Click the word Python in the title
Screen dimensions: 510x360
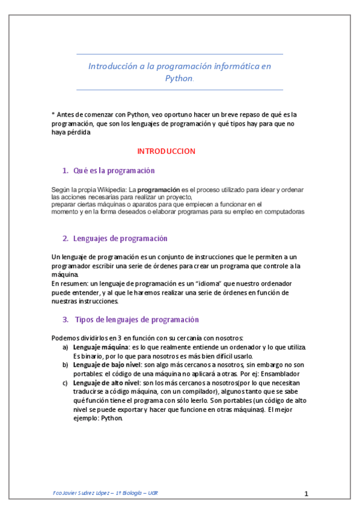pos(178,78)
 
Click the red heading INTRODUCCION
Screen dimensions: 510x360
pos(166,151)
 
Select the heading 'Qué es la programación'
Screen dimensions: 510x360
pos(114,171)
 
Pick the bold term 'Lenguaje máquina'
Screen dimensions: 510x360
pos(99,348)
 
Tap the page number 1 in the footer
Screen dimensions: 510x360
pos(306,494)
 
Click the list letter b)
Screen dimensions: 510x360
pos(66,364)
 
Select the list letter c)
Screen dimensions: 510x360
pos(66,382)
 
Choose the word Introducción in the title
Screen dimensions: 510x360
pos(113,66)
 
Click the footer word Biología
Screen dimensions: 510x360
pos(129,493)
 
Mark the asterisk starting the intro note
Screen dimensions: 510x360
pos(53,114)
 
